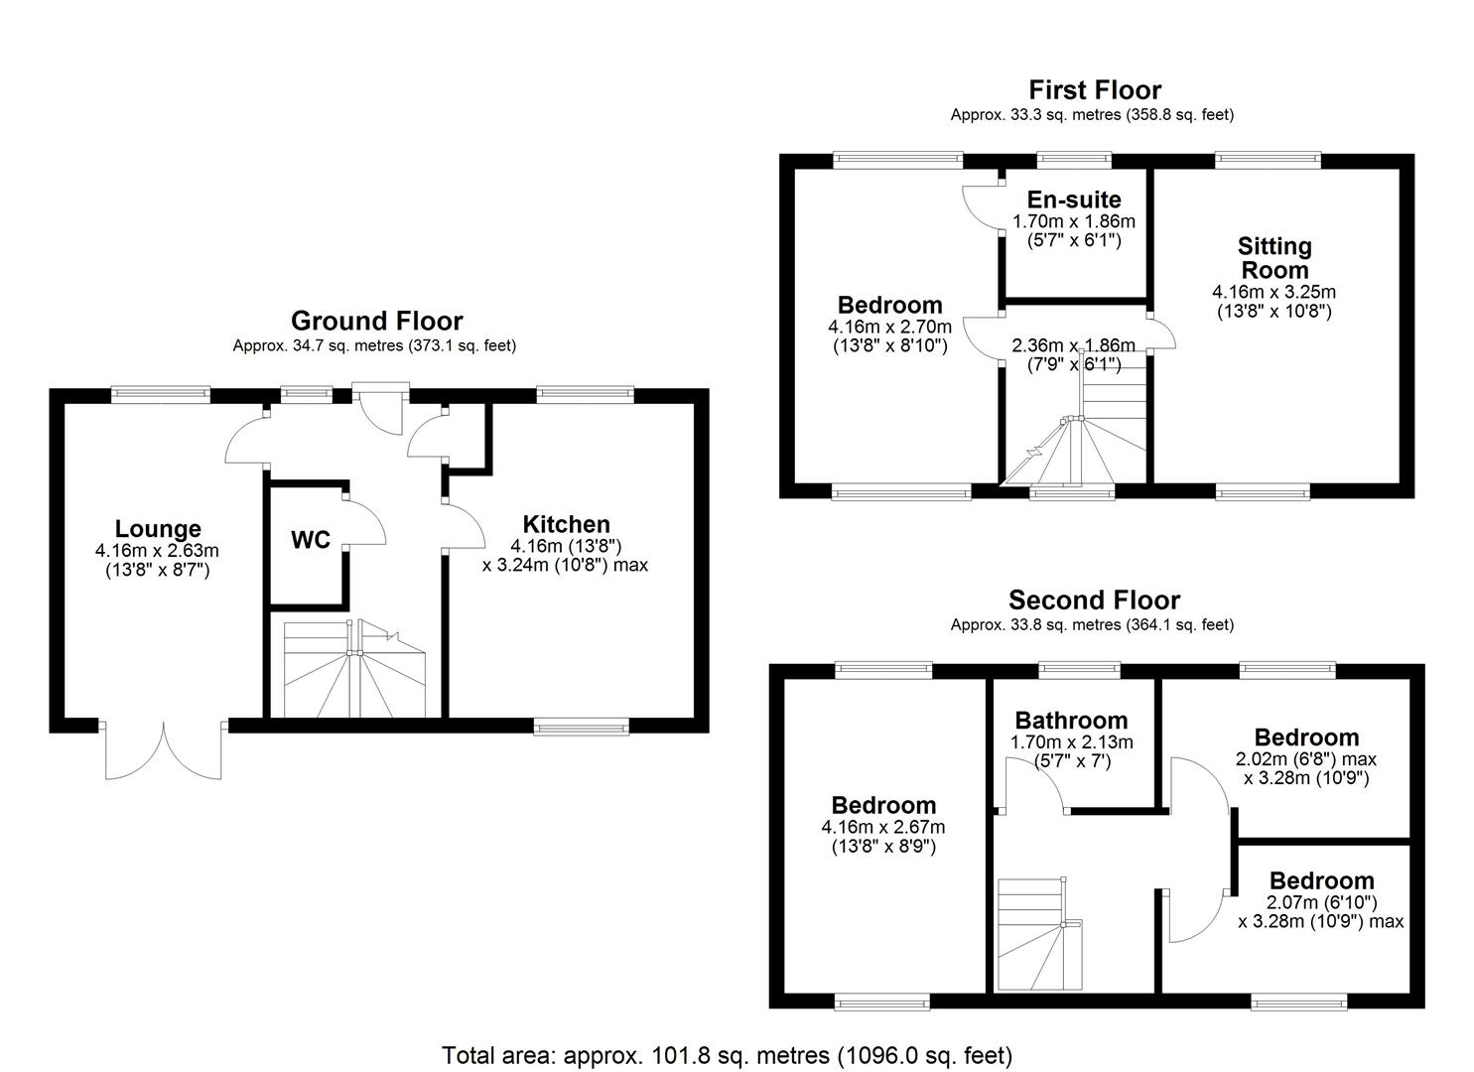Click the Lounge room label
click(157, 529)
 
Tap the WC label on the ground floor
click(310, 540)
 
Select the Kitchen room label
click(566, 524)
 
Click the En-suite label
click(1073, 200)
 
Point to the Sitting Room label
click(1273, 258)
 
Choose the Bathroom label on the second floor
click(1071, 721)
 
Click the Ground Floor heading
click(376, 321)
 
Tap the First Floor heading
click(1094, 90)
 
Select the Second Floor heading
click(1094, 601)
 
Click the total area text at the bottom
click(727, 1054)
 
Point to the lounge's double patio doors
click(164, 750)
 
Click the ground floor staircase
click(353, 669)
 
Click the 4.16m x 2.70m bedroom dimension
click(889, 327)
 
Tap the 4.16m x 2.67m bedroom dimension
click(882, 827)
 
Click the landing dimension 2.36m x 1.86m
click(1072, 345)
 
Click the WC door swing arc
click(365, 518)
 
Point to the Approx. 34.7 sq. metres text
click(374, 346)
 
